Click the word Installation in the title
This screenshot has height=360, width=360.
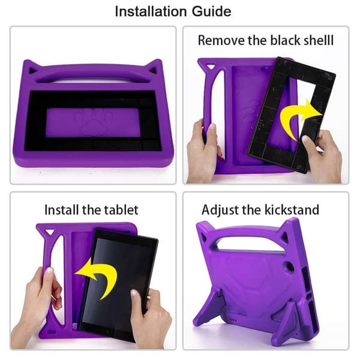(151, 11)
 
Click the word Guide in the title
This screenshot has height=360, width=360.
(211, 11)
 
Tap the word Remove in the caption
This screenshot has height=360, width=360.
(221, 40)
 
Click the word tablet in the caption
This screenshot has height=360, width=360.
(121, 209)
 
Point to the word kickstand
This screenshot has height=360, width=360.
(292, 209)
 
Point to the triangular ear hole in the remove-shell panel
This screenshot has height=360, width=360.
(211, 67)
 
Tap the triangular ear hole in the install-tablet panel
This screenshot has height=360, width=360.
(50, 232)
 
